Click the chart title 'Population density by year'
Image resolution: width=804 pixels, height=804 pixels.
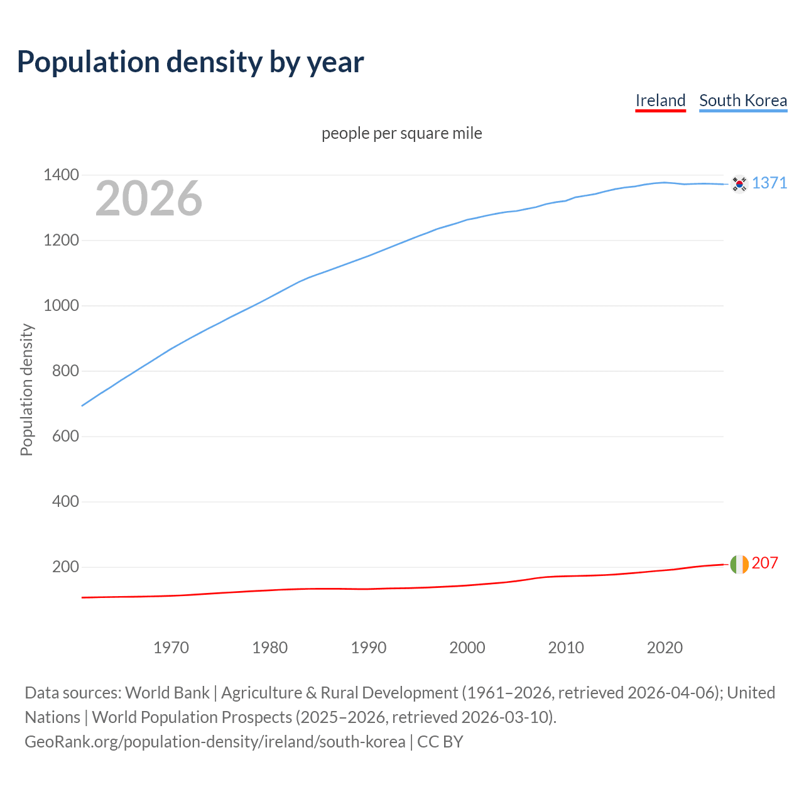[190, 62]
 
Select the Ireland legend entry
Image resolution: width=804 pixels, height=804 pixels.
[660, 100]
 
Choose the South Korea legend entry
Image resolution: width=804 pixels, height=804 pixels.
[743, 100]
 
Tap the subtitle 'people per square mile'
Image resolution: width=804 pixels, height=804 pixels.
[402, 133]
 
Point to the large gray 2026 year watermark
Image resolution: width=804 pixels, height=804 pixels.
[149, 198]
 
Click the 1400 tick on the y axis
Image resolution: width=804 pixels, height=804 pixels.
[61, 175]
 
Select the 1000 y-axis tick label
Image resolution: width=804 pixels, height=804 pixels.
[61, 305]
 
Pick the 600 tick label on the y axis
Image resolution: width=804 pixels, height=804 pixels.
[65, 436]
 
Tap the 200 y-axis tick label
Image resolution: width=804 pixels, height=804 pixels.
[65, 567]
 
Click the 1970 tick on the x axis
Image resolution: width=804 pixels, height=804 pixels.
[171, 648]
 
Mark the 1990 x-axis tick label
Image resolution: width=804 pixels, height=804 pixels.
[369, 648]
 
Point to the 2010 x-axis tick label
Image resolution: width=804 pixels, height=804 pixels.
[566, 648]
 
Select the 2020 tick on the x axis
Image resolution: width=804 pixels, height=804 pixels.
[665, 648]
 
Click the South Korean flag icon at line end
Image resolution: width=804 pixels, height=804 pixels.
[739, 183]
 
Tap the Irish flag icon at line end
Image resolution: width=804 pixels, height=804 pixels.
[739, 564]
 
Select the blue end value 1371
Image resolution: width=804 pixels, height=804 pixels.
[769, 183]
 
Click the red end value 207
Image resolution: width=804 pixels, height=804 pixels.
[765, 563]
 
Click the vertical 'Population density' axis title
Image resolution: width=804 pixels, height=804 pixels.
[26, 389]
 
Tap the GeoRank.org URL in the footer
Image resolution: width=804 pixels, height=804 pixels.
[215, 742]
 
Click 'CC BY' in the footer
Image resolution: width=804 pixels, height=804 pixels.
[440, 742]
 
